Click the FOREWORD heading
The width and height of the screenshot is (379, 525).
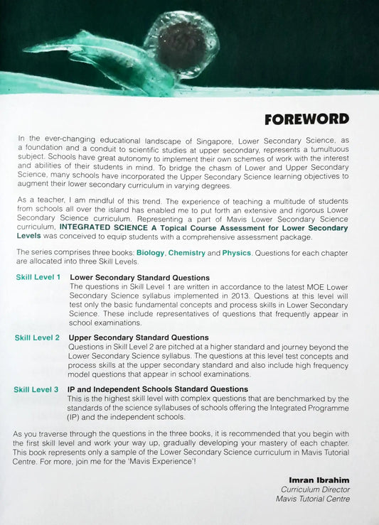click(x=306, y=119)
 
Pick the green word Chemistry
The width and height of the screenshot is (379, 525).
click(x=186, y=253)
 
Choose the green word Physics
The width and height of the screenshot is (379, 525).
click(x=236, y=253)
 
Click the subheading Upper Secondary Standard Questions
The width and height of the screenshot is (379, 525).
click(x=139, y=337)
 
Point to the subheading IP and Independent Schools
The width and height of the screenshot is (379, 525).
click(x=158, y=389)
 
